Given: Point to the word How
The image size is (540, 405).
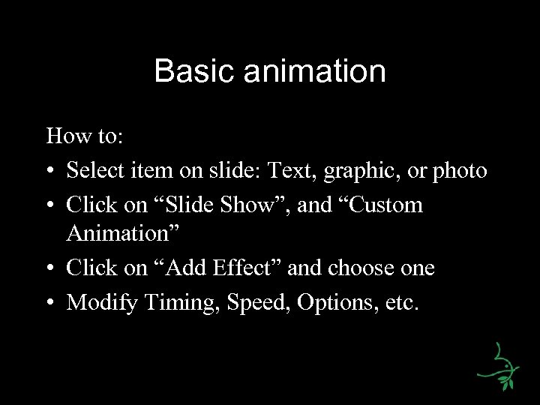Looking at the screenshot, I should (x=64, y=138).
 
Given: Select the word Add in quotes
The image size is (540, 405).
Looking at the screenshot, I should (x=183, y=268).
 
